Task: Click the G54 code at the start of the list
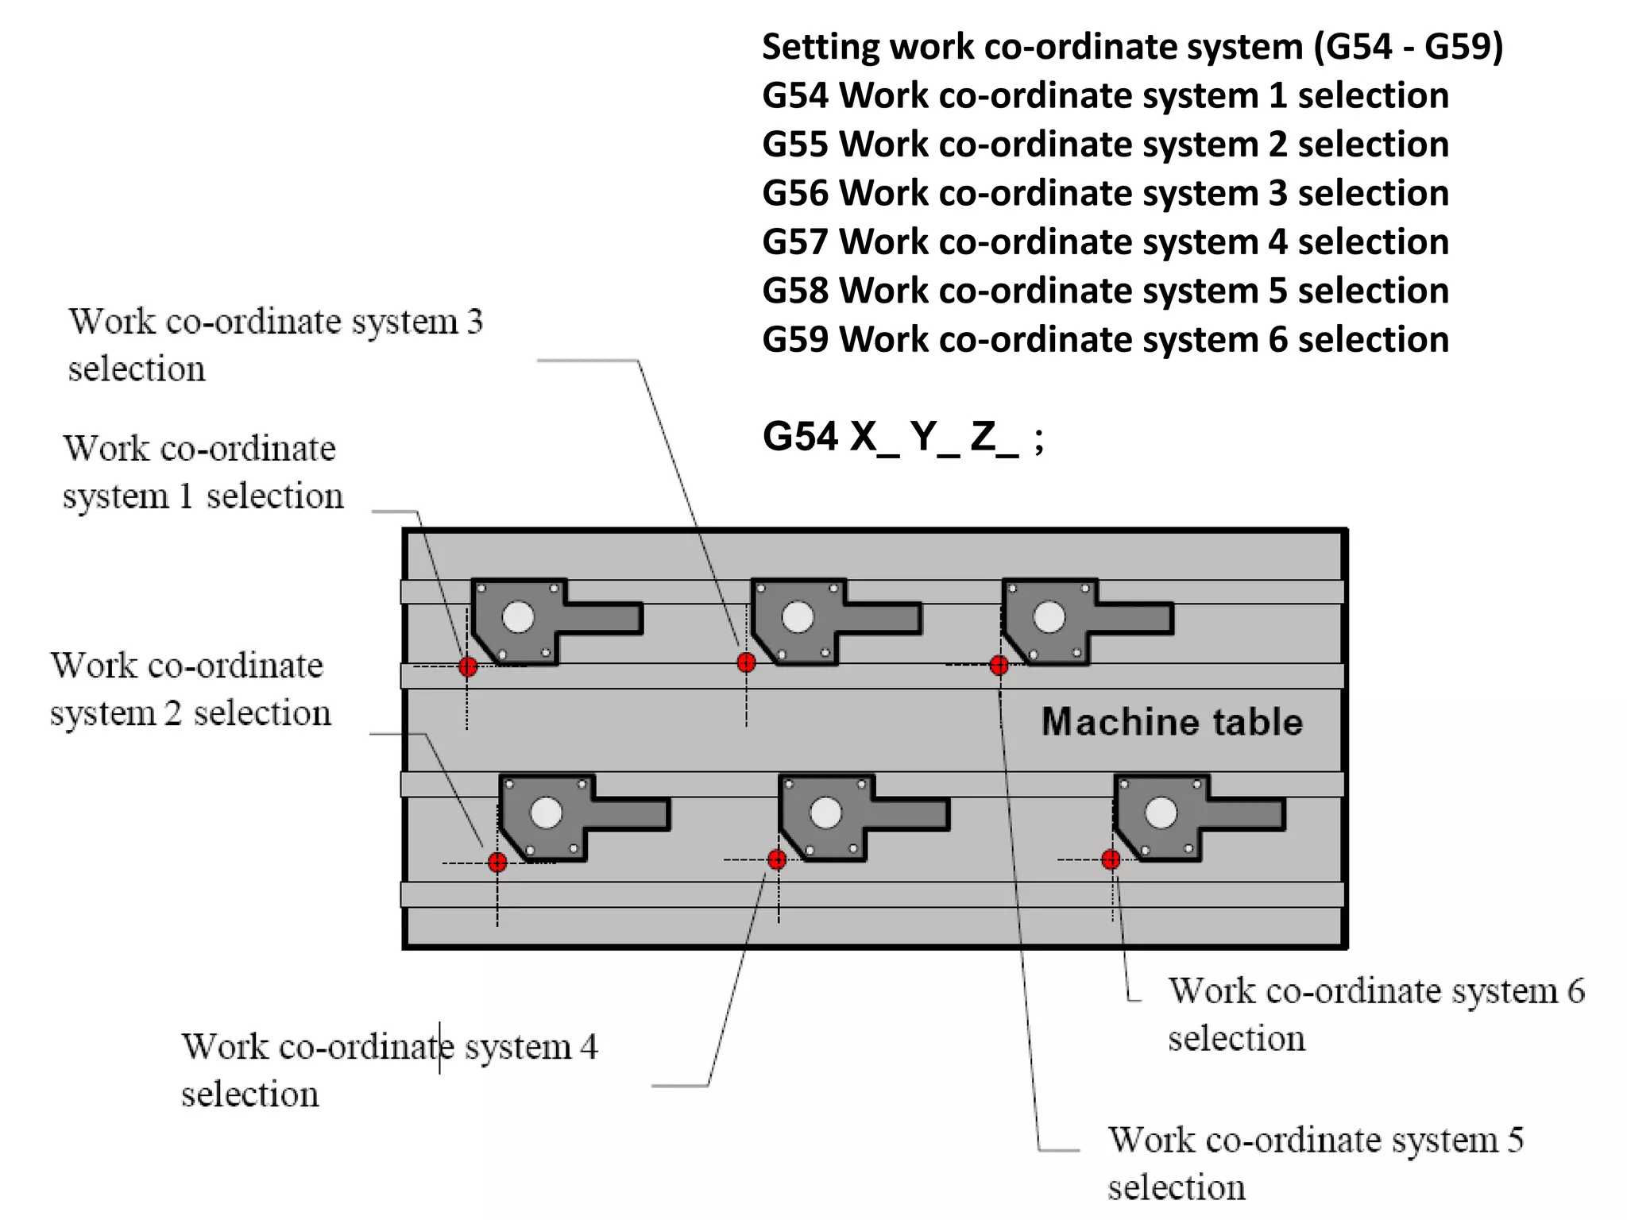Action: point(796,96)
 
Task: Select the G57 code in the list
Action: point(796,242)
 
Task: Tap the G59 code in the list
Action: point(796,340)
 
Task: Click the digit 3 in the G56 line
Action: point(1277,194)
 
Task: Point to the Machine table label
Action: point(1172,722)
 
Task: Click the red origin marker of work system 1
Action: point(468,666)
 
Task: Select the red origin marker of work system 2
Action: point(497,862)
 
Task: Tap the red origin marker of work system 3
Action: point(746,662)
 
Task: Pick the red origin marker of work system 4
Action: point(777,859)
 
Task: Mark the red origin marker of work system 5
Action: point(999,665)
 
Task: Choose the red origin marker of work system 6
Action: point(1111,859)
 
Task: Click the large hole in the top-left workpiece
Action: point(519,617)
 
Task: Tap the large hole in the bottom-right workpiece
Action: point(1161,813)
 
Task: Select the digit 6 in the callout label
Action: point(1575,991)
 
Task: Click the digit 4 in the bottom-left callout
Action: point(589,1047)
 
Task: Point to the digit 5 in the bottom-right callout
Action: point(1515,1141)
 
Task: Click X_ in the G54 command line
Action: point(874,437)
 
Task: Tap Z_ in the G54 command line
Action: point(994,437)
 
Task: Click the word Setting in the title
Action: point(821,47)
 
